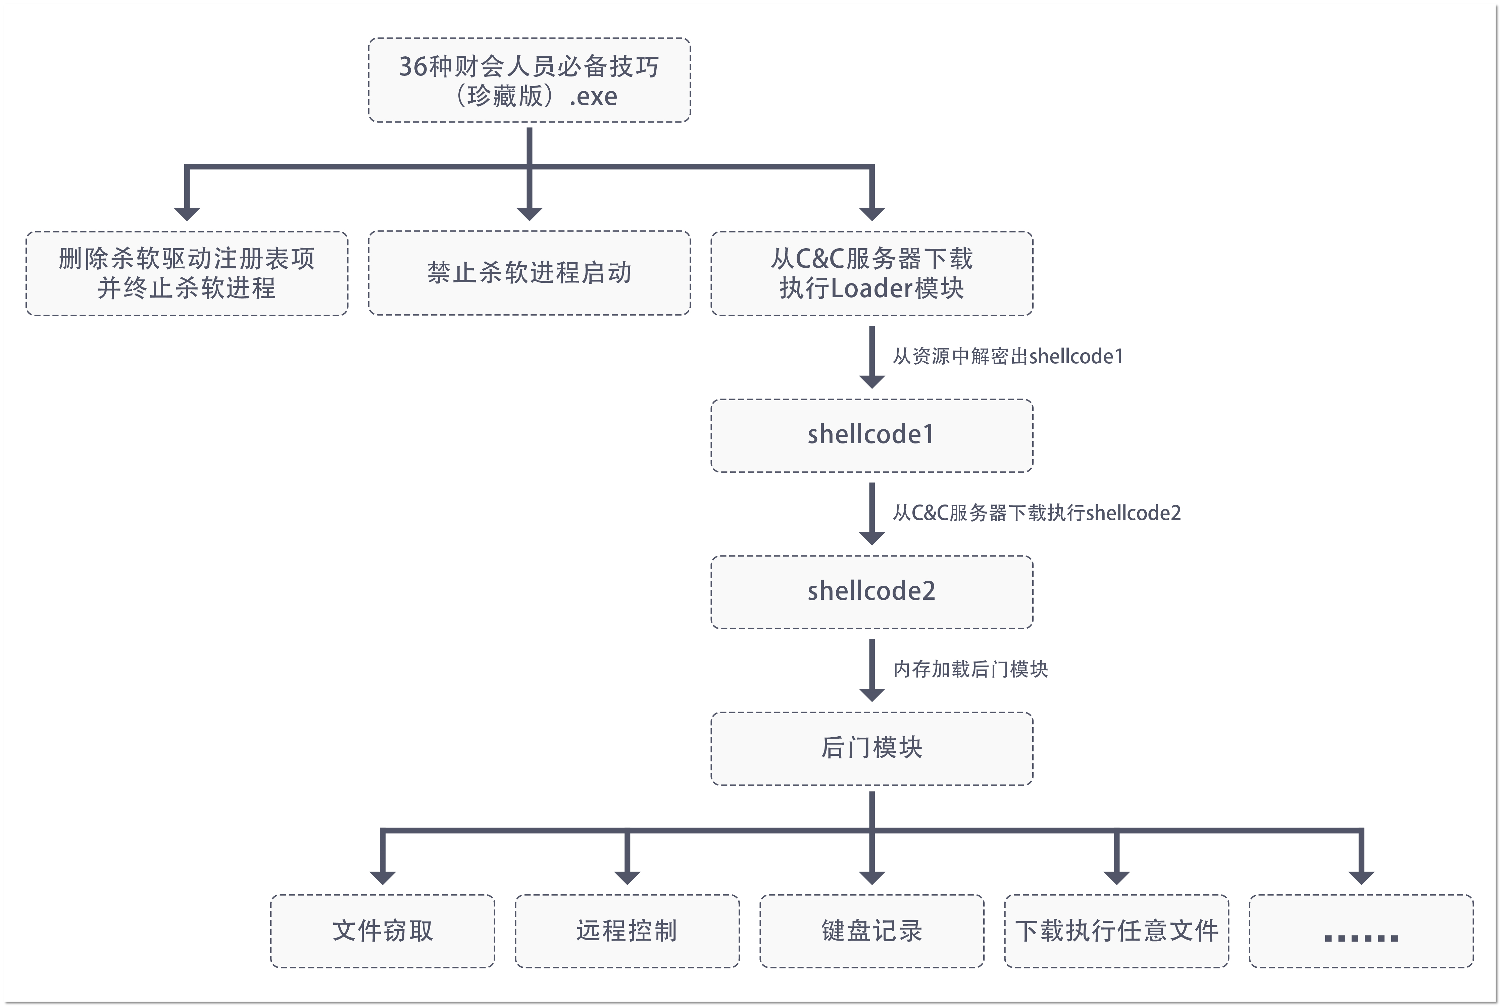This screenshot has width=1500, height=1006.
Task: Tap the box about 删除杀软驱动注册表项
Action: [187, 273]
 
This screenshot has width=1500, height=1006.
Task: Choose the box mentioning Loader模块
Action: [871, 273]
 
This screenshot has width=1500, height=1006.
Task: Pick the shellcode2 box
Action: [871, 591]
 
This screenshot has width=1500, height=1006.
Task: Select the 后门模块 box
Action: [871, 748]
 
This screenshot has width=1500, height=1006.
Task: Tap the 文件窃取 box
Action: [383, 930]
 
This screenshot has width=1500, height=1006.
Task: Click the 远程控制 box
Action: [627, 930]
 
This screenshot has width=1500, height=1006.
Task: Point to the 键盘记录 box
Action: [871, 930]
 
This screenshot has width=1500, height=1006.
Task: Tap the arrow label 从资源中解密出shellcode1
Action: [1008, 356]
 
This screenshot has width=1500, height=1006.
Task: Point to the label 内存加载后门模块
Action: [970, 669]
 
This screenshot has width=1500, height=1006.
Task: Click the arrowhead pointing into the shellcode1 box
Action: [871, 381]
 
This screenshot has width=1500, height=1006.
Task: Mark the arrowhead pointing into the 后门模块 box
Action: [871, 694]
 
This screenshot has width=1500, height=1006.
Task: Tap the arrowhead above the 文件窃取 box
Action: [383, 877]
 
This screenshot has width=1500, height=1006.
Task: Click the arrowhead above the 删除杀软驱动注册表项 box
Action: [187, 214]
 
